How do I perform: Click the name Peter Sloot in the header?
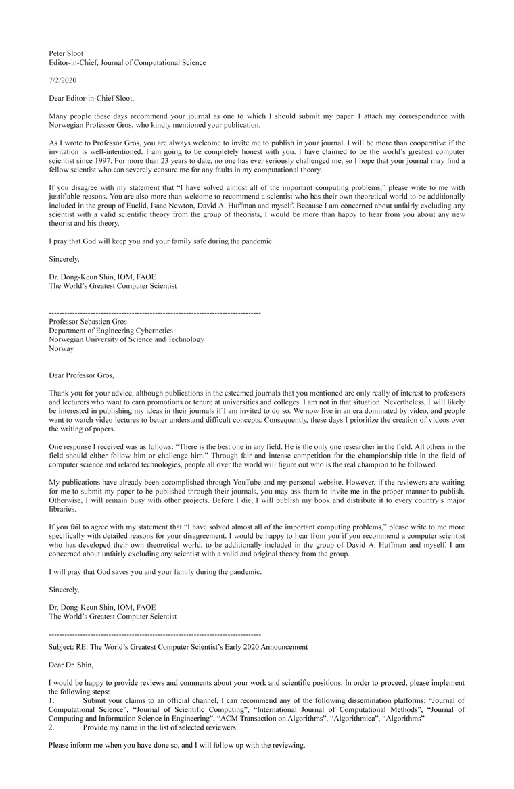pyautogui.click(x=66, y=53)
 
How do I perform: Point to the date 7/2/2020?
pyautogui.click(x=63, y=80)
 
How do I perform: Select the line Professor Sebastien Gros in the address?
pyautogui.click(x=88, y=322)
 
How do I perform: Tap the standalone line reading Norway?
pyautogui.click(x=62, y=349)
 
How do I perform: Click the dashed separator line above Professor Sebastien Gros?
pyautogui.click(x=155, y=313)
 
